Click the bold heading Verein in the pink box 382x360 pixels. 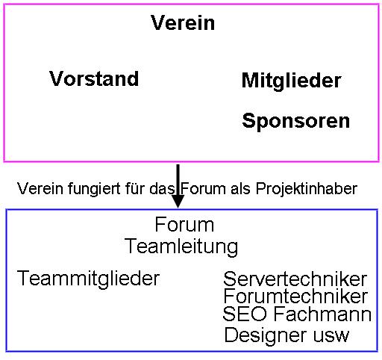(183, 22)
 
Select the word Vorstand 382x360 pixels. (94, 78)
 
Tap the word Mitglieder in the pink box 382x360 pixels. (292, 80)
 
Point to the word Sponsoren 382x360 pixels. (296, 121)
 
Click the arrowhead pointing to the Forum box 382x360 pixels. (178, 201)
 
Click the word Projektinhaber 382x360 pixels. (307, 189)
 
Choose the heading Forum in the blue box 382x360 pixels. (184, 225)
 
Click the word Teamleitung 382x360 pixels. (181, 246)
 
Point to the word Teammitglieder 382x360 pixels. (88, 279)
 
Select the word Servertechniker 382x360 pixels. (295, 279)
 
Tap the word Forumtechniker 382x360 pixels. (295, 296)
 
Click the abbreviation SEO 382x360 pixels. (245, 314)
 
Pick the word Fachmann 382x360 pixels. (322, 314)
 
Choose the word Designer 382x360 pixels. (266, 335)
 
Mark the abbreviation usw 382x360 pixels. (331, 336)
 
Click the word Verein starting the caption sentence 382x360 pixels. (40, 188)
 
